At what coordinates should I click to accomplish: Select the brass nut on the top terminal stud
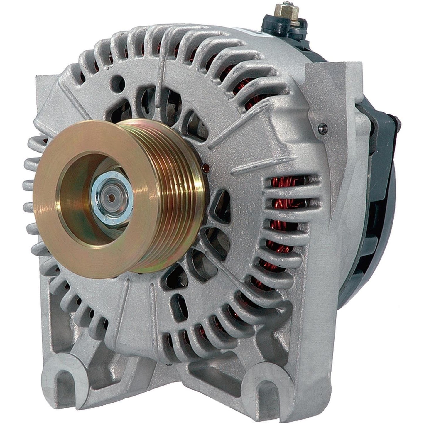pyautogui.click(x=290, y=11)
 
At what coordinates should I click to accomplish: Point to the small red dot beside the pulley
pyautogui.click(x=206, y=168)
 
